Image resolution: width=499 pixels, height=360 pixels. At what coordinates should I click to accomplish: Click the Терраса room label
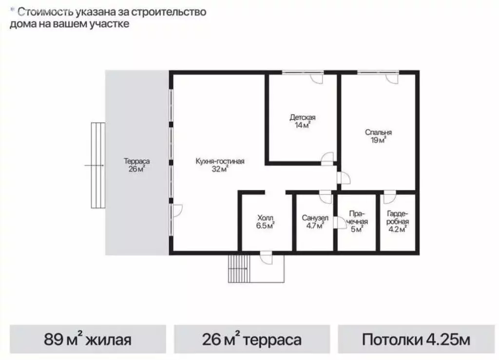(x=136, y=161)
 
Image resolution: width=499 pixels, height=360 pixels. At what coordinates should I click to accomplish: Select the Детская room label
(x=303, y=117)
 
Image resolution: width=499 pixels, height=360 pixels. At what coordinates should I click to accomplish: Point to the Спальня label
(x=379, y=132)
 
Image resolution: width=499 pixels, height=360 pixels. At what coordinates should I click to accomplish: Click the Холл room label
(x=266, y=218)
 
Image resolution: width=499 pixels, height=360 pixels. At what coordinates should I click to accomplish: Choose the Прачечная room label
(x=358, y=218)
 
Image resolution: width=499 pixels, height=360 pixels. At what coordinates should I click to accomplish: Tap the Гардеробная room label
(x=397, y=218)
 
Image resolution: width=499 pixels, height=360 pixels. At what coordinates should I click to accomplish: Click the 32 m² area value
(x=220, y=170)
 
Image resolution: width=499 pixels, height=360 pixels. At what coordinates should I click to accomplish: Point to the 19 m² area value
(x=379, y=140)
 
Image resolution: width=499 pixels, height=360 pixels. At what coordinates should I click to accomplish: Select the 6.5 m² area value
(x=266, y=226)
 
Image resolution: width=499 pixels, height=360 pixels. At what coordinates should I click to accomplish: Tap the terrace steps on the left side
(x=97, y=165)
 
